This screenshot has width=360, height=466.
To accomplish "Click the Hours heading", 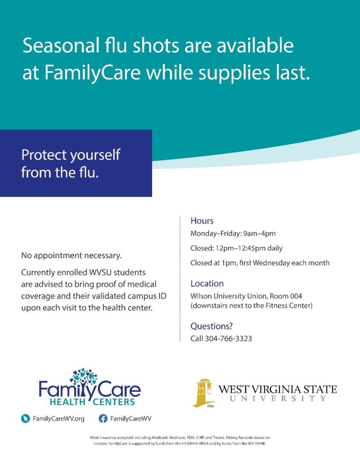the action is point(202,221).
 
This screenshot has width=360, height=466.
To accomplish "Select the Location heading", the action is point(207,284).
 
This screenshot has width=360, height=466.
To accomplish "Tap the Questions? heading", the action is point(211,326).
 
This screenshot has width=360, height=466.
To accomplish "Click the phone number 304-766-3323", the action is point(228,339).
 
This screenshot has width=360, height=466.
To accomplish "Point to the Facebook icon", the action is point(103,419).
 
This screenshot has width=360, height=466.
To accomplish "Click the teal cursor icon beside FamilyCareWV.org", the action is point(25,419).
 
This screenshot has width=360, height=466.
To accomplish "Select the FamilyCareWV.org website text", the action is point(59,419).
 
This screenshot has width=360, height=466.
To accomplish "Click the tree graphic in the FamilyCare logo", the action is point(84,377).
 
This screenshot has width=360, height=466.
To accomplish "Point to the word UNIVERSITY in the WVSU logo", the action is point(278,398).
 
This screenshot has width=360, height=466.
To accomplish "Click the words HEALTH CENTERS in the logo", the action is point(92,402).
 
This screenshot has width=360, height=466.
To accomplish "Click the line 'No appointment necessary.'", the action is point(71,256).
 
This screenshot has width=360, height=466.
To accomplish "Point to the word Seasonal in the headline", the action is point(61,46).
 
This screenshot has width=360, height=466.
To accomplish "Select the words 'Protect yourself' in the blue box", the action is point(71,155).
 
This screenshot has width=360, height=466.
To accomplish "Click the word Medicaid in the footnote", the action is point(160,437).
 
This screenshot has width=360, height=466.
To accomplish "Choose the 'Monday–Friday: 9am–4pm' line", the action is point(233,233).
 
